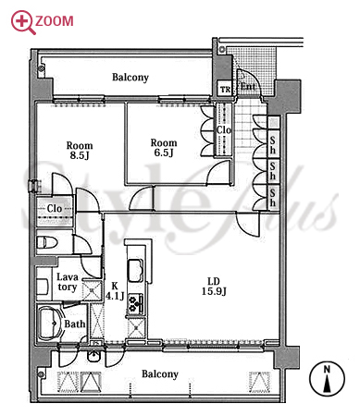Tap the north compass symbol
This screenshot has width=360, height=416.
tap(327, 379)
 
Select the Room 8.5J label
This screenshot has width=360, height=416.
tap(80, 150)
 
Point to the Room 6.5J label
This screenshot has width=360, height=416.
tap(164, 147)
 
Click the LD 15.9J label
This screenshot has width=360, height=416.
tap(214, 286)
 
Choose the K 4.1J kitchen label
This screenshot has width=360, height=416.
tap(115, 291)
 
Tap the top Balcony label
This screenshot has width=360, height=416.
tap(130, 77)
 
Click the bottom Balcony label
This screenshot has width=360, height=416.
tap(160, 374)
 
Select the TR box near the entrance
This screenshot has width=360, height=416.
tap(225, 90)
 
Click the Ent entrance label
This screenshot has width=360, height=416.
tap(248, 86)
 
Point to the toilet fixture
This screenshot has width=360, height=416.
tap(47, 242)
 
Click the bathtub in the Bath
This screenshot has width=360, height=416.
tap(50, 323)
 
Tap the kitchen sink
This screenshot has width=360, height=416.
tap(135, 271)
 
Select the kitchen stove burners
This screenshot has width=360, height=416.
tap(136, 303)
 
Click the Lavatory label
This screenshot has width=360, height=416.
tap(67, 282)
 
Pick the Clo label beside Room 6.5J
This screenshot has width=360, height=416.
tap(223, 129)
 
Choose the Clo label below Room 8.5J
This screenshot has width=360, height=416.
tap(55, 208)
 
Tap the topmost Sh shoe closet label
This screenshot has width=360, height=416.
tap(273, 145)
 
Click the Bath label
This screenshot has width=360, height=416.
tap(75, 324)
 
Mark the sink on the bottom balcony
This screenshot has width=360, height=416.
tap(94, 356)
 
